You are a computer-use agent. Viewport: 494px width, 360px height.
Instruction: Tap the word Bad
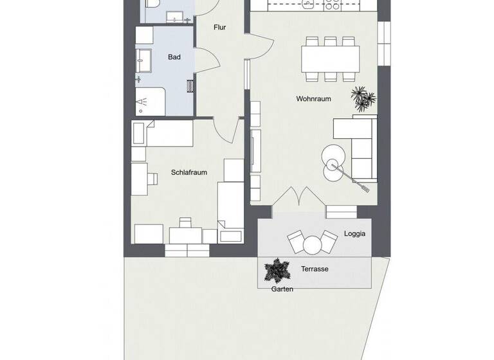pos(174,57)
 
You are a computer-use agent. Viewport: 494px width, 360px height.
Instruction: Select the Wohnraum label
pos(313,99)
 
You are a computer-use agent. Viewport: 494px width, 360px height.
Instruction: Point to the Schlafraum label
pos(189,172)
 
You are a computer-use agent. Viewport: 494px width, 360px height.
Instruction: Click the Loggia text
pos(354,233)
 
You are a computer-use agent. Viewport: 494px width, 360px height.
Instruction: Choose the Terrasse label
pos(315,269)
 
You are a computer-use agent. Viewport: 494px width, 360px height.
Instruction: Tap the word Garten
pos(282,289)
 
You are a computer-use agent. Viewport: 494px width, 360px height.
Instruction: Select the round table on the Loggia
pos(313,245)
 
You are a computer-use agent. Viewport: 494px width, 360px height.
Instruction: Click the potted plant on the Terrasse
pos(277,271)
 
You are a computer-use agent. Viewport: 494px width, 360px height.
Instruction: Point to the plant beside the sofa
pos(363,99)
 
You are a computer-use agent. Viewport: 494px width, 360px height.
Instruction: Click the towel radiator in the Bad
pos(189,85)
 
